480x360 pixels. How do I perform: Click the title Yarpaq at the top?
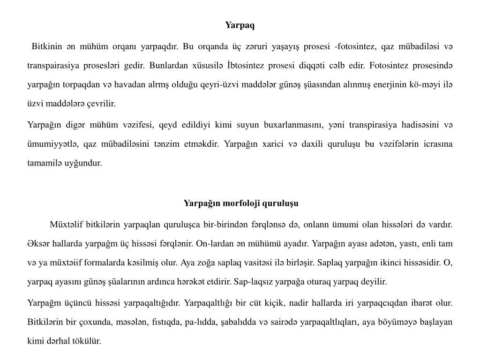[x=240, y=25]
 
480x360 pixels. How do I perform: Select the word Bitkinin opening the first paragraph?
[x=47, y=46]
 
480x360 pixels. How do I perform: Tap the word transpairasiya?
[x=51, y=66]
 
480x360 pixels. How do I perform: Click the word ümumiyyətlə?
[x=51, y=144]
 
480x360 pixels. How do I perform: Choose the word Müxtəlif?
[x=67, y=225]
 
